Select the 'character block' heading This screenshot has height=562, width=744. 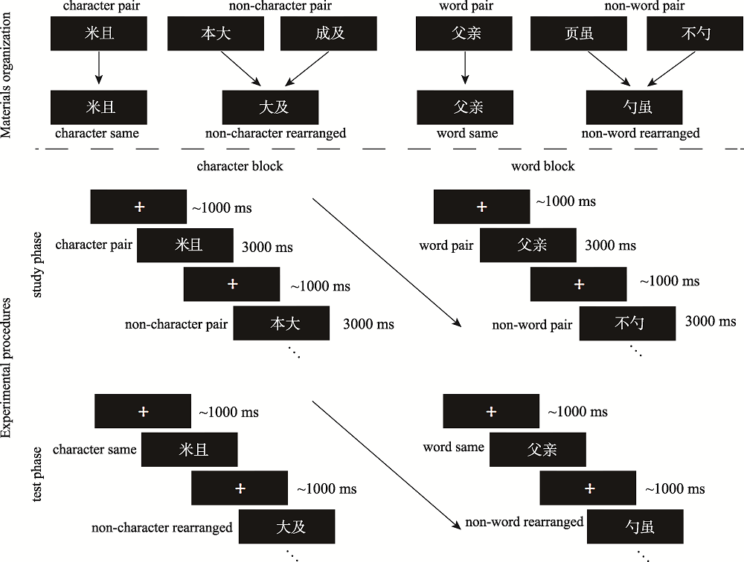click(240, 166)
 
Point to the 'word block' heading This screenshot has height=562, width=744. click(543, 166)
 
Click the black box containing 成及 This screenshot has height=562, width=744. click(328, 33)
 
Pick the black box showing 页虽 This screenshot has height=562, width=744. click(578, 33)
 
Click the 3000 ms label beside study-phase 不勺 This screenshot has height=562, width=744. click(711, 321)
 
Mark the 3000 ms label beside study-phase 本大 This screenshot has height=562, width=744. click(368, 324)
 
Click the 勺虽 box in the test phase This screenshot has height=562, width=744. click(635, 527)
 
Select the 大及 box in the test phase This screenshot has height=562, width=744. click(286, 527)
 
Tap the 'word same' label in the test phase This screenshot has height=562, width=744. click(453, 448)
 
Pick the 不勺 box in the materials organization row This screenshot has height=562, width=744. click(695, 33)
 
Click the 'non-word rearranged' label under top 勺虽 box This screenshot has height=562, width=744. click(641, 133)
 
